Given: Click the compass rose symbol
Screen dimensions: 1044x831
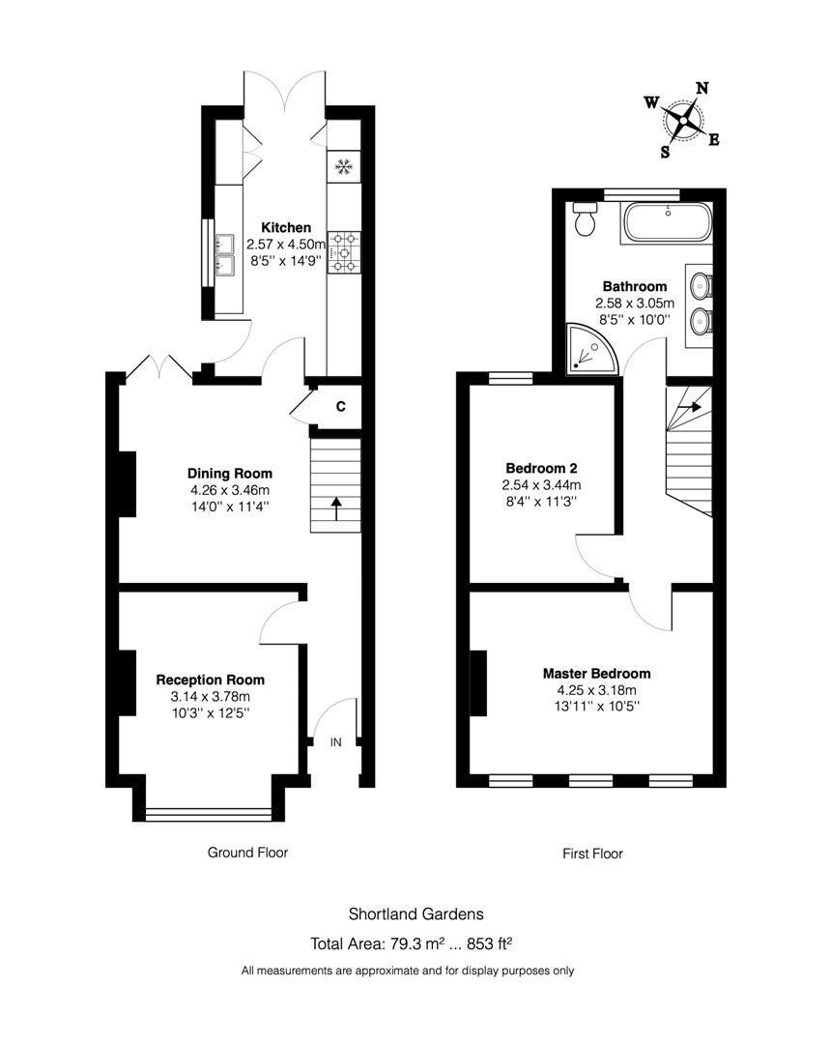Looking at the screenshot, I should (x=685, y=120).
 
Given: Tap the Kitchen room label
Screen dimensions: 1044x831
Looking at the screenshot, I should (x=286, y=227).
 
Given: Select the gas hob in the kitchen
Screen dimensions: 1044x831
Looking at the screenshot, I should (x=343, y=251).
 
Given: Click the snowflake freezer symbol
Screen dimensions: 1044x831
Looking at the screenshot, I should (x=343, y=167).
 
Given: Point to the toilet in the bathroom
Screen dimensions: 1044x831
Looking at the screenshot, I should (x=585, y=220).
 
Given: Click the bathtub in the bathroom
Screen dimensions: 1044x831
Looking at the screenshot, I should (x=668, y=223).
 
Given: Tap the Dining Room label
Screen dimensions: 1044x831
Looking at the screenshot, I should (x=230, y=474).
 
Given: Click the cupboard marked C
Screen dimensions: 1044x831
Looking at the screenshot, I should (x=340, y=407).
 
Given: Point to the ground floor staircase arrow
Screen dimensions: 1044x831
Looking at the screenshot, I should (x=335, y=506).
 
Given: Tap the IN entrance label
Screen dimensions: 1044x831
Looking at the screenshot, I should (x=336, y=742).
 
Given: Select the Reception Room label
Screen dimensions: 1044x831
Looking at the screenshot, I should (x=211, y=680).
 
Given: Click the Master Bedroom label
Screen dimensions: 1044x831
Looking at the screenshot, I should (x=596, y=673).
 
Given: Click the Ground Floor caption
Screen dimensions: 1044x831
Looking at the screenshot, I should (x=247, y=853).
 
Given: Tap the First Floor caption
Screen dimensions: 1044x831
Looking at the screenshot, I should (x=592, y=854).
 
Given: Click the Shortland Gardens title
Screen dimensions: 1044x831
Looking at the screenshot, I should (x=415, y=913).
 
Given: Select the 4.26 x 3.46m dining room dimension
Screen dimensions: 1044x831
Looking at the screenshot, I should (x=230, y=490).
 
